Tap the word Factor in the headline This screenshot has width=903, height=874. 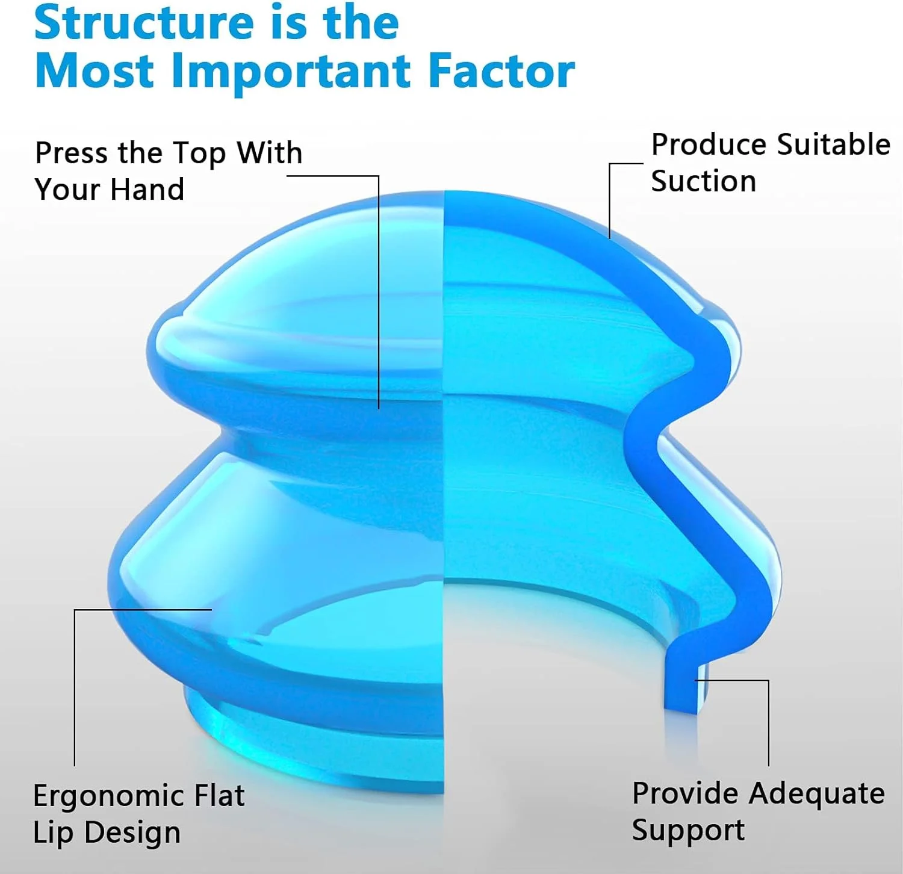tap(501, 71)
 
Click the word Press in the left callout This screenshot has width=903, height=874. tap(71, 153)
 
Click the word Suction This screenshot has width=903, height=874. tap(703, 181)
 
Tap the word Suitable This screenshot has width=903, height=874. tap(834, 145)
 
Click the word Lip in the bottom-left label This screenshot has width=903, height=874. tap(53, 833)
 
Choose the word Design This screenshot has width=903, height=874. tap(132, 833)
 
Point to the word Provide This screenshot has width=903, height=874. tap(685, 793)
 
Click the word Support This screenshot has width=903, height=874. tap(688, 831)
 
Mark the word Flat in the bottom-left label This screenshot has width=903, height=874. tap(219, 796)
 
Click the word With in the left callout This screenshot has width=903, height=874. tap(269, 153)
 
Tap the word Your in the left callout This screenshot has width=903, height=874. tap(63, 190)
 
